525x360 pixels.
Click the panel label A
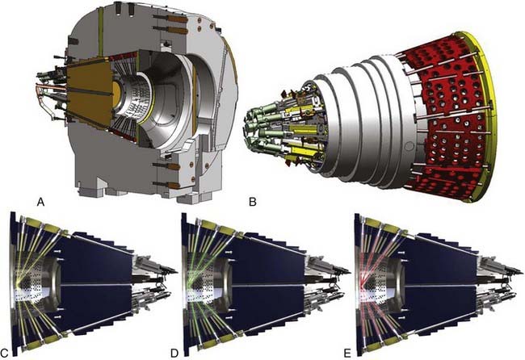pyautogui.click(x=41, y=202)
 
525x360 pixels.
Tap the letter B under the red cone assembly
pyautogui.click(x=253, y=202)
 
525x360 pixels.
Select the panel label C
pyautogui.click(x=4, y=353)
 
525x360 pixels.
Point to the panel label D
pyautogui.click(x=174, y=353)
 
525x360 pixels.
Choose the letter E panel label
pyautogui.click(x=347, y=353)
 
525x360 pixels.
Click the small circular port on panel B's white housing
pyautogui.click(x=408, y=146)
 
